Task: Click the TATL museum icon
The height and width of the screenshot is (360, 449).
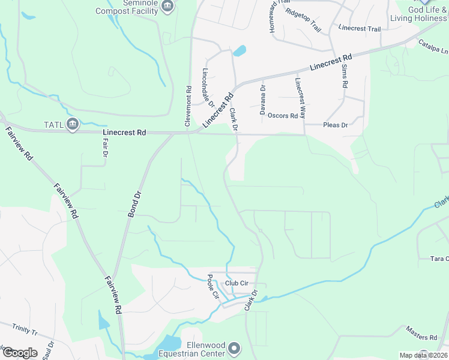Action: coord(73,125)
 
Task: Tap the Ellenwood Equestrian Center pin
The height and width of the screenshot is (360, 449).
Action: coord(235,349)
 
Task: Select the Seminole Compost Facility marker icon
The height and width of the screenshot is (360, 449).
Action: coord(167,7)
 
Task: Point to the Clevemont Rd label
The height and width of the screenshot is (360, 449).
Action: coord(188,106)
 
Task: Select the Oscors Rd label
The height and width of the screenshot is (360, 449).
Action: coord(283,116)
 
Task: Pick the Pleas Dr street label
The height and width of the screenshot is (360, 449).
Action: coord(336,125)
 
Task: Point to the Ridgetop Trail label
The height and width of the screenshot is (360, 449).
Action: coord(303,21)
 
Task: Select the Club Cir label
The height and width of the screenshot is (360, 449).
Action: coord(237,283)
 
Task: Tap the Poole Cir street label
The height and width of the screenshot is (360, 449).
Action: coord(212,287)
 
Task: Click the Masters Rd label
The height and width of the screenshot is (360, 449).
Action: coord(420,334)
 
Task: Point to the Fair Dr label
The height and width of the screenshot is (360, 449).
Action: coord(105,146)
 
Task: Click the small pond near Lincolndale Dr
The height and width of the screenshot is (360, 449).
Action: coord(240,50)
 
